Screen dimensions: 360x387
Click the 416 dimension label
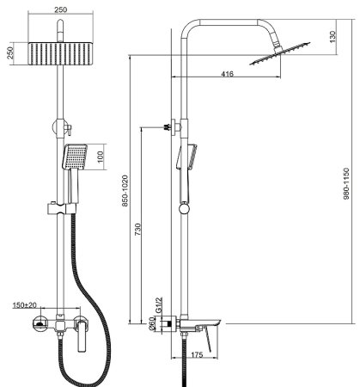[227, 74]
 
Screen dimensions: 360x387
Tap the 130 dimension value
[333, 37]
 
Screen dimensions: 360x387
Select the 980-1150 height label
[346, 183]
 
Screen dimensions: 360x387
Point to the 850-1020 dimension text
[125, 191]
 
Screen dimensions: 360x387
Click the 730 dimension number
[137, 230]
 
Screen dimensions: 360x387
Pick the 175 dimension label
[197, 354]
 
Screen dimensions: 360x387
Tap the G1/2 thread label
[159, 305]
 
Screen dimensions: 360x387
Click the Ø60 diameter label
[152, 324]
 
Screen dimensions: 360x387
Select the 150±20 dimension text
[25, 305]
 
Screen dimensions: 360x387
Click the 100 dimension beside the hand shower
[101, 157]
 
